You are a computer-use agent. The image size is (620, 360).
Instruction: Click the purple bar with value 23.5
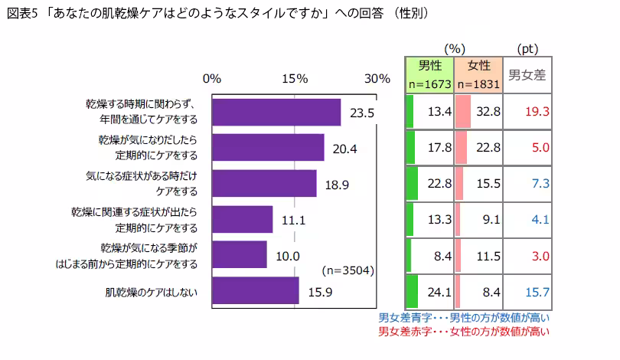point(276,112)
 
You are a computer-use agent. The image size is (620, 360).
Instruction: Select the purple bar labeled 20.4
point(267,148)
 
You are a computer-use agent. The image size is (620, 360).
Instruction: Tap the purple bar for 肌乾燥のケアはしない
point(255,291)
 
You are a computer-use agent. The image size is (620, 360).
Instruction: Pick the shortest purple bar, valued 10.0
point(239,255)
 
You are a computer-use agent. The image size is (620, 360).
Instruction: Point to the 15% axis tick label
point(295,79)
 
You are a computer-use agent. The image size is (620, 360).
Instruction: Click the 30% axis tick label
point(377,79)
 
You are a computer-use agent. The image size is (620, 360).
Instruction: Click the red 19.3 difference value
point(538,112)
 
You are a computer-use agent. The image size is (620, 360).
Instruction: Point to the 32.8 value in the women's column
point(488,112)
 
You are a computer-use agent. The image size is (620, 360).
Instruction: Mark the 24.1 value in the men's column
point(439,291)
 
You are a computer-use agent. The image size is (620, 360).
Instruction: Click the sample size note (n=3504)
point(348,270)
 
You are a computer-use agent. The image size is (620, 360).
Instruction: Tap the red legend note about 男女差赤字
point(465,332)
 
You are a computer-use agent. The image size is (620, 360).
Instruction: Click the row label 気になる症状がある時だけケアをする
point(142,183)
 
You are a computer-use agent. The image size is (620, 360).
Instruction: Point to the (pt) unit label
point(528,48)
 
